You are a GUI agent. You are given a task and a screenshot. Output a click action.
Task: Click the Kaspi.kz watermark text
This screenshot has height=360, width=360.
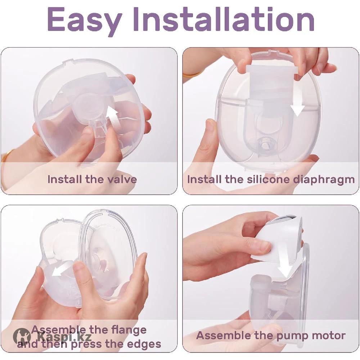pos(65,337)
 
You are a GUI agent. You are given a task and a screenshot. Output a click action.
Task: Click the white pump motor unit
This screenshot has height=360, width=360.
pos(282,239)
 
